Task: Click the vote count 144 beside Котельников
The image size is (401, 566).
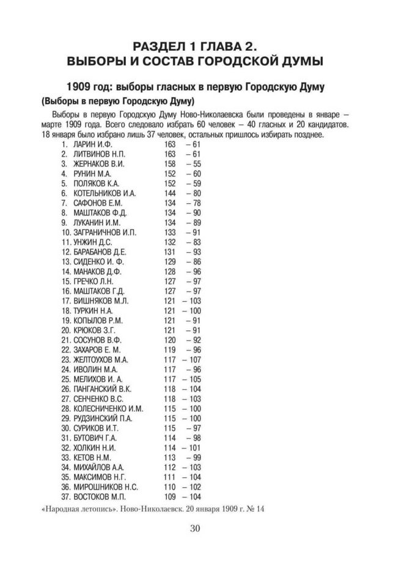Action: click(170, 194)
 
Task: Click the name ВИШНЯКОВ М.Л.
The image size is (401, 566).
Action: click(101, 301)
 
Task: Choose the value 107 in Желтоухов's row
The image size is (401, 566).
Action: click(195, 360)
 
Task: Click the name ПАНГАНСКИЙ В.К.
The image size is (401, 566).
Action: click(103, 389)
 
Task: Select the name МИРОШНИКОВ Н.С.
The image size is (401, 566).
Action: click(105, 487)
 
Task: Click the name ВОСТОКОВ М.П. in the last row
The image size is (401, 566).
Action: click(99, 497)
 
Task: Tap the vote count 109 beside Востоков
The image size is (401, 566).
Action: click(170, 497)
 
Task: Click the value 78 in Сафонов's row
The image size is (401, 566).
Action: click(197, 204)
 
